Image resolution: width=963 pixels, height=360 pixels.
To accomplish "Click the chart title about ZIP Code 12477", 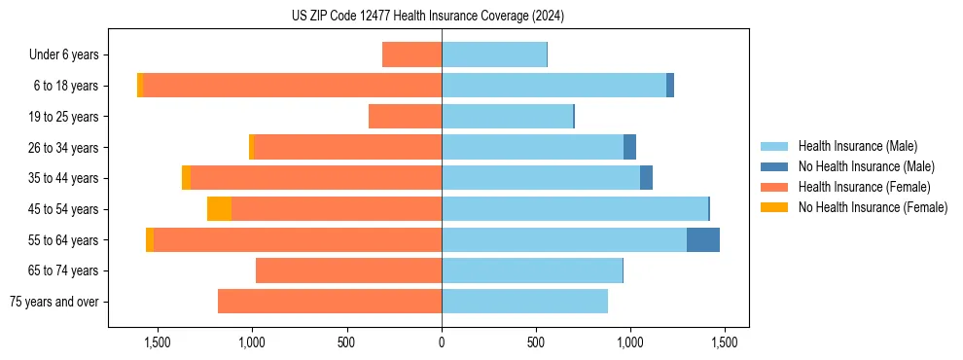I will [x=427, y=16].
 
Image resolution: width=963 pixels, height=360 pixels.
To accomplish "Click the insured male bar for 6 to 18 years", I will [x=553, y=86].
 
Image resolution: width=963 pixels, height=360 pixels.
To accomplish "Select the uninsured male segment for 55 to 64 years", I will [x=702, y=239].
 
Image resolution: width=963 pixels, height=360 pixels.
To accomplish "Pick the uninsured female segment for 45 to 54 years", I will [x=219, y=209].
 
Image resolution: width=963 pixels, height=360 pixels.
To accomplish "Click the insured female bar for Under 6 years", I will [x=411, y=54].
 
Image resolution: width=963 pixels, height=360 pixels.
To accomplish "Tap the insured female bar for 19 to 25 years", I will [x=405, y=117].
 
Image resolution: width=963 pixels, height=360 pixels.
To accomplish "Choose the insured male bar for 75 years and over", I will [x=524, y=302].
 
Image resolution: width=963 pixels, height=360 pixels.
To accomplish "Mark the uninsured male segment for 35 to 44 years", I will [x=646, y=178].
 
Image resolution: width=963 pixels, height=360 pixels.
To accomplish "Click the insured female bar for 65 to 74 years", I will [x=348, y=270].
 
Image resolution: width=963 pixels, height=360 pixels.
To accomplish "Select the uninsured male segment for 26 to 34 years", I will [x=629, y=147].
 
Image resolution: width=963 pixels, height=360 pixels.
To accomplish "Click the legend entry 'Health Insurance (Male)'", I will [x=857, y=147].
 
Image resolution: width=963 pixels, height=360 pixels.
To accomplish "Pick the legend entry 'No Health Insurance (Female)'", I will [x=873, y=207].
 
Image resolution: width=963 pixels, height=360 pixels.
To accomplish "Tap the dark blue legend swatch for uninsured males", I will [x=774, y=167].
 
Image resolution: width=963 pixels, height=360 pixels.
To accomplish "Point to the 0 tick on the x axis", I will [x=442, y=342].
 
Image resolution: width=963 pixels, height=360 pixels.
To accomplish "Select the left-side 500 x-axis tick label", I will [x=347, y=342].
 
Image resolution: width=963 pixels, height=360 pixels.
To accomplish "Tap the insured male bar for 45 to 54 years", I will [x=574, y=209].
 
